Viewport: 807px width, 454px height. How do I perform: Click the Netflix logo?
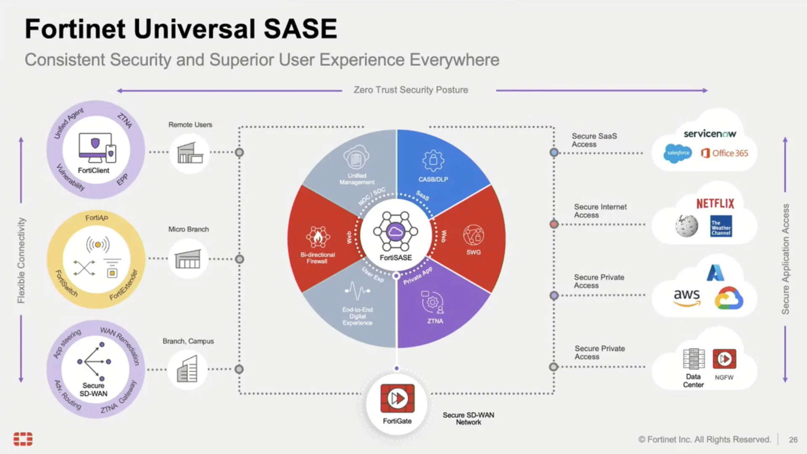(x=715, y=204)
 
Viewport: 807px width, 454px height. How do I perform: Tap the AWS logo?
(x=687, y=297)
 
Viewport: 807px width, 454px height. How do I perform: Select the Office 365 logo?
(x=725, y=153)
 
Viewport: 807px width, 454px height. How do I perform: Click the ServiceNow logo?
(x=709, y=134)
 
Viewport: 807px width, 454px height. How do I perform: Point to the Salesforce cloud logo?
(x=678, y=153)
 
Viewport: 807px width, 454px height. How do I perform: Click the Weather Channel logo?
(x=721, y=226)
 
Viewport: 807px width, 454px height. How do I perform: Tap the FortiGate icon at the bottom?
(x=397, y=398)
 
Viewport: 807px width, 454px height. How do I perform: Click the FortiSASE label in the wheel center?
(x=396, y=258)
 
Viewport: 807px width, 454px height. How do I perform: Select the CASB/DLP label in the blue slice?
(x=433, y=179)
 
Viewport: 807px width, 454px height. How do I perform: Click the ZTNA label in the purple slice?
(x=435, y=321)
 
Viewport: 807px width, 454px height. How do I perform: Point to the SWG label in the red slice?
(x=473, y=252)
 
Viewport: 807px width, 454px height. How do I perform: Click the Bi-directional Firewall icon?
(x=318, y=237)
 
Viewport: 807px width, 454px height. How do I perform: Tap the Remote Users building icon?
(x=190, y=153)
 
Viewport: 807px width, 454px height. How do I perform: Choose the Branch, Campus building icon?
(x=187, y=369)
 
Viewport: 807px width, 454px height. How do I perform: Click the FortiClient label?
(x=93, y=170)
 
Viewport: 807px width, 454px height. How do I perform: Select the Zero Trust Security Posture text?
(x=411, y=90)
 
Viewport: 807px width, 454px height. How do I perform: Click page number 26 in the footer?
(x=793, y=440)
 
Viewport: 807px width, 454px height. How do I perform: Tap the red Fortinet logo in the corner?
(x=23, y=439)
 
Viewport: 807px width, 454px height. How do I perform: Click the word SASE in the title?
(x=300, y=29)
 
